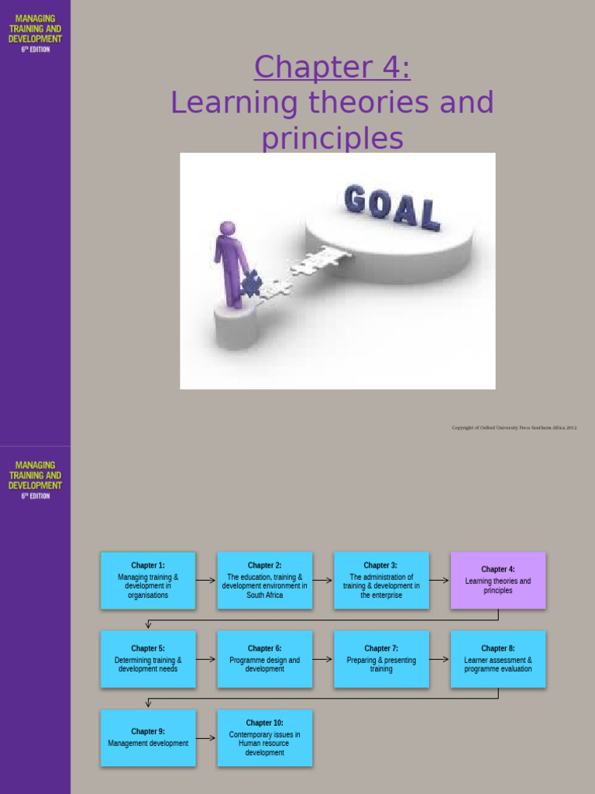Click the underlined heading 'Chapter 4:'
[332, 67]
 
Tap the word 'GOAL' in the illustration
[392, 206]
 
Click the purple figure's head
[227, 229]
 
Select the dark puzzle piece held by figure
[250, 285]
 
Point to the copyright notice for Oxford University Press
[514, 427]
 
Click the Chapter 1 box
[148, 580]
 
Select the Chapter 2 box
[265, 580]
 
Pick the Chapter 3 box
[381, 580]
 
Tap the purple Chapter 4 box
[498, 580]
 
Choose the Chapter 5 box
[148, 659]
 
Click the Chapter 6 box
[265, 659]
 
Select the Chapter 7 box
[381, 659]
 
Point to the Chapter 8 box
[498, 659]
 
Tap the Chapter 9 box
[148, 738]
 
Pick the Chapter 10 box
[265, 738]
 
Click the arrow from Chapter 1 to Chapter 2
[206, 580]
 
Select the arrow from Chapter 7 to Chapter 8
[439, 659]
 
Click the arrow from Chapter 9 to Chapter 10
[206, 738]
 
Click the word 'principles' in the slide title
[332, 139]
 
